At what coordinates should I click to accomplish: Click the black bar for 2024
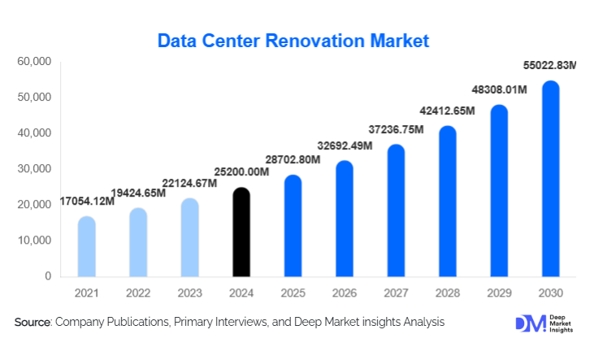point(241,232)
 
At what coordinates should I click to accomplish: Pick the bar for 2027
point(396,210)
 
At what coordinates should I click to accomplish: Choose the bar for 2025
point(293,226)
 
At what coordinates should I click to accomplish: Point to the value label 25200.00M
point(241,171)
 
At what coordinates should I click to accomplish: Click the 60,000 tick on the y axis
point(35,62)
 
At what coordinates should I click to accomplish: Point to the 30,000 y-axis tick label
point(35,169)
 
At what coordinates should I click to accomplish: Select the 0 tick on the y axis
point(48,276)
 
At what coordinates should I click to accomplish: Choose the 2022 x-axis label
point(138,293)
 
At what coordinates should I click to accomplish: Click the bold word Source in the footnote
point(33,323)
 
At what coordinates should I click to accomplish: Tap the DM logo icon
point(530,323)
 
